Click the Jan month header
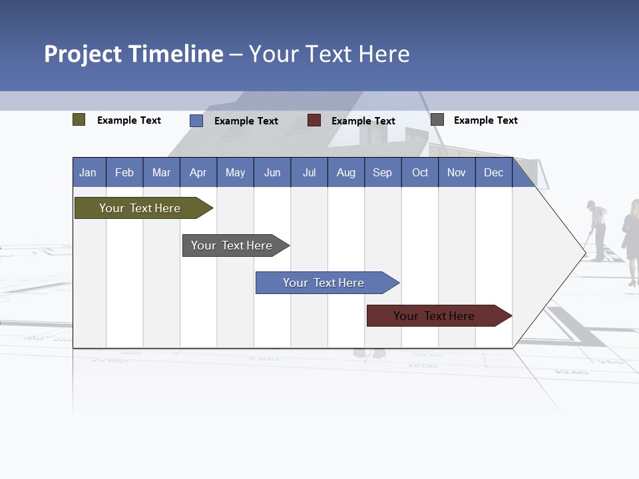coord(89,172)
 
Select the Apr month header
coord(198,172)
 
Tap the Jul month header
coord(309,172)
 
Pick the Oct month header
coord(419,172)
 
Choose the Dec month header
coord(493,172)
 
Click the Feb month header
coord(124,172)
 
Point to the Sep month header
coord(382,172)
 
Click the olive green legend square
coord(79,120)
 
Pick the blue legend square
coord(196,120)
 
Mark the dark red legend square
coord(314,120)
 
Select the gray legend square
coord(437,120)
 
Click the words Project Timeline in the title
coord(134,54)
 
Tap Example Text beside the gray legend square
coord(485,120)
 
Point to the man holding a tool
coord(598,230)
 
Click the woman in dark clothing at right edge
coord(631,239)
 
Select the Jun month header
coord(272,172)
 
